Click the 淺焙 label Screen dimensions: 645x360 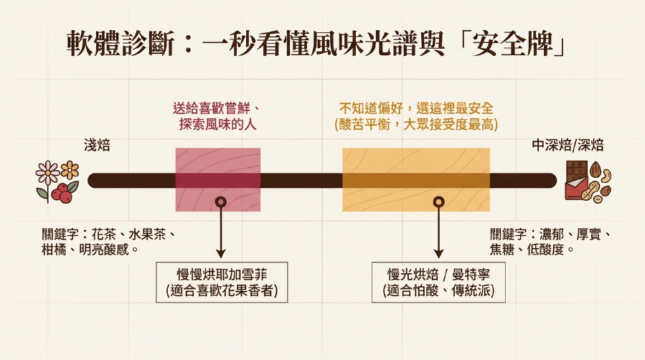pyautogui.click(x=97, y=145)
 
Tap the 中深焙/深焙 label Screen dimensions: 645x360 pyautogui.click(x=568, y=145)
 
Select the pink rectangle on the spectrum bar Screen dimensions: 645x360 pyautogui.click(x=218, y=179)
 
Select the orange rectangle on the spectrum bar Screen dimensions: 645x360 pyautogui.click(x=416, y=179)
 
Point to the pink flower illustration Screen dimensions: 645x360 pyautogui.click(x=47, y=173)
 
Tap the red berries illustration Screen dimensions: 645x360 pyautogui.click(x=63, y=193)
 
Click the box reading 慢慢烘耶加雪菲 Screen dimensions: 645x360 pyautogui.click(x=222, y=283)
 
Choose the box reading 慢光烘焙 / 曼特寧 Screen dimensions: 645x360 pyautogui.click(x=438, y=283)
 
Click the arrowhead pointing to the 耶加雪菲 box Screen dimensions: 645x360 pyautogui.click(x=221, y=253)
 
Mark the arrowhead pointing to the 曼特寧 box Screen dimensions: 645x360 pyautogui.click(x=439, y=253)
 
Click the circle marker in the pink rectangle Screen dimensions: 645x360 pyautogui.click(x=221, y=202)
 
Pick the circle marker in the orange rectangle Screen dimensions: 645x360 pyautogui.click(x=439, y=202)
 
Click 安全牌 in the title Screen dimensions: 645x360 pyautogui.click(x=512, y=43)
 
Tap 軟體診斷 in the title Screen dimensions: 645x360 pyautogui.click(x=120, y=43)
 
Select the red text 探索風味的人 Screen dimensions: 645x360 pyautogui.click(x=217, y=125)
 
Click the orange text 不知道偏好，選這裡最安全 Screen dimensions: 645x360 pyautogui.click(x=416, y=108)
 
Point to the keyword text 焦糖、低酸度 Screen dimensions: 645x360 pyautogui.click(x=532, y=250)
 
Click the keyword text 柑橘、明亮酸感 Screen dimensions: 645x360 pyautogui.click(x=90, y=250)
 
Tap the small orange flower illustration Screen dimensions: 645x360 pyautogui.click(x=70, y=169)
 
